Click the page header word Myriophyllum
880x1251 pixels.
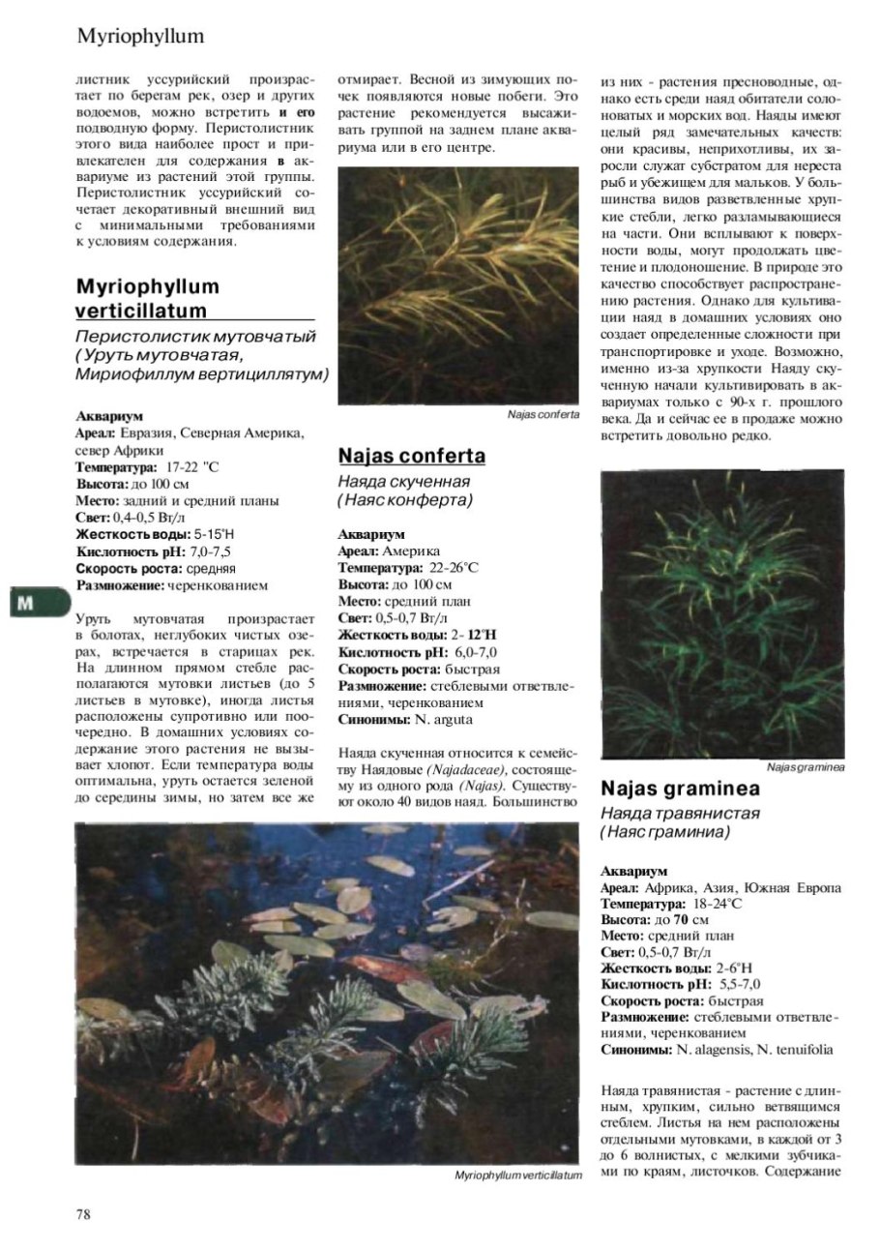pos(141,37)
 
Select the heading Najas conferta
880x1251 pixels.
pos(412,456)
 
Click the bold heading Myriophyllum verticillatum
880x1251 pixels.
pos(147,299)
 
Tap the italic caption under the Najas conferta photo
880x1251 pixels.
pos(543,414)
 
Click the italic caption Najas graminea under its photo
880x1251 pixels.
pos(806,767)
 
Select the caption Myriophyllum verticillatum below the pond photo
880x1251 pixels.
pos(518,1175)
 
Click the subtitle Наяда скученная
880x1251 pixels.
pos(404,482)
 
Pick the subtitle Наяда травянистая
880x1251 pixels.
pos(680,813)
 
